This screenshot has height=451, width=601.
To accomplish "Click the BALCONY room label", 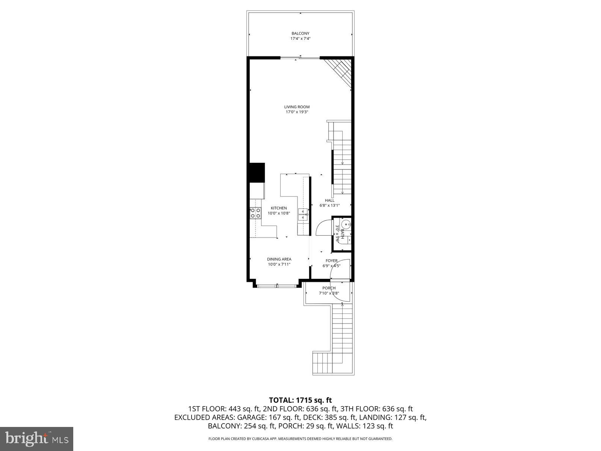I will (300, 33).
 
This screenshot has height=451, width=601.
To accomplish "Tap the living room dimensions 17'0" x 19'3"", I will (297, 112).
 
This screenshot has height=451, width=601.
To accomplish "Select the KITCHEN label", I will (279, 208).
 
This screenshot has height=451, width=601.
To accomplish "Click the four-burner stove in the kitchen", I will (256, 213).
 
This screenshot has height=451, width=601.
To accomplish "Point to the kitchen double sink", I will (303, 214).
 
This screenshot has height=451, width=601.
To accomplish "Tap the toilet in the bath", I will (346, 225).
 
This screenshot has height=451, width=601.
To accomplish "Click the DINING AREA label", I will (279, 259).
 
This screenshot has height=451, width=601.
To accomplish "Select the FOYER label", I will (331, 260).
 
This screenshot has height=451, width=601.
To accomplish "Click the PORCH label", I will (329, 288).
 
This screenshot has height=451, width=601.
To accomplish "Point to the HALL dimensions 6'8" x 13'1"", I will (329, 206).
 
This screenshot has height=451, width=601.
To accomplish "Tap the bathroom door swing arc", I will (322, 227).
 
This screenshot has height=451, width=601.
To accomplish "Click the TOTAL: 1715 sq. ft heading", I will (300, 400).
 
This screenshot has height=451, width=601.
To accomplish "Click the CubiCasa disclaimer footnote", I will (300, 439).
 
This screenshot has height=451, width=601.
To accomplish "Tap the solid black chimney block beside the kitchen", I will (257, 172).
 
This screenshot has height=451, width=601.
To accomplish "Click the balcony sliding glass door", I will (300, 58).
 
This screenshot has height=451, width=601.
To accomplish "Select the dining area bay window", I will (277, 286).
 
